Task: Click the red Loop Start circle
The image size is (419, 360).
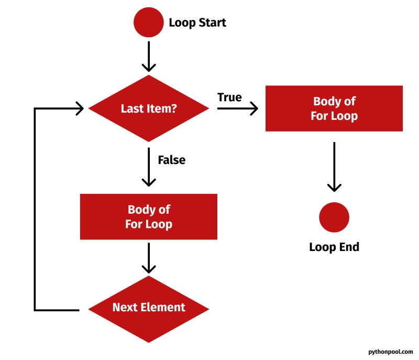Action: pyautogui.click(x=149, y=23)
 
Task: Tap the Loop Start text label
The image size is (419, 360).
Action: pyautogui.click(x=197, y=23)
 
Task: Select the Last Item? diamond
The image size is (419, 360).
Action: pyautogui.click(x=149, y=108)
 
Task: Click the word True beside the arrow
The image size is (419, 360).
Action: pyautogui.click(x=229, y=97)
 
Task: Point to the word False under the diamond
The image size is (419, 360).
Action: pyautogui.click(x=171, y=159)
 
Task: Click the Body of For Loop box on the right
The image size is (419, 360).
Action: pyautogui.click(x=334, y=108)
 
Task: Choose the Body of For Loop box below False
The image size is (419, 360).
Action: pyautogui.click(x=149, y=217)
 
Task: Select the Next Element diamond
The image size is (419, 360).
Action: pyautogui.click(x=149, y=307)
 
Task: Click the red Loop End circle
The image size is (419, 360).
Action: pyautogui.click(x=334, y=217)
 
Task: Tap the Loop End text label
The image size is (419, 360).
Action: pyautogui.click(x=334, y=247)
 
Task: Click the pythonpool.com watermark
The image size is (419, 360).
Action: pyautogui.click(x=390, y=352)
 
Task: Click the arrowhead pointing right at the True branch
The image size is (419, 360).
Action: pyautogui.click(x=254, y=108)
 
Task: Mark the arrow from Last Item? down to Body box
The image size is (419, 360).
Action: pyautogui.click(x=149, y=168)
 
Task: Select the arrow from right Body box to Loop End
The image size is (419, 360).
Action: pyautogui.click(x=334, y=168)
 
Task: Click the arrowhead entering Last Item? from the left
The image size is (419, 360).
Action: pyautogui.click(x=80, y=108)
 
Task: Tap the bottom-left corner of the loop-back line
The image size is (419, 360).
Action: pyautogui.click(x=35, y=310)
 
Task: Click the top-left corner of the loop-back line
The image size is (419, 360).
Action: pyautogui.click(x=35, y=109)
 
